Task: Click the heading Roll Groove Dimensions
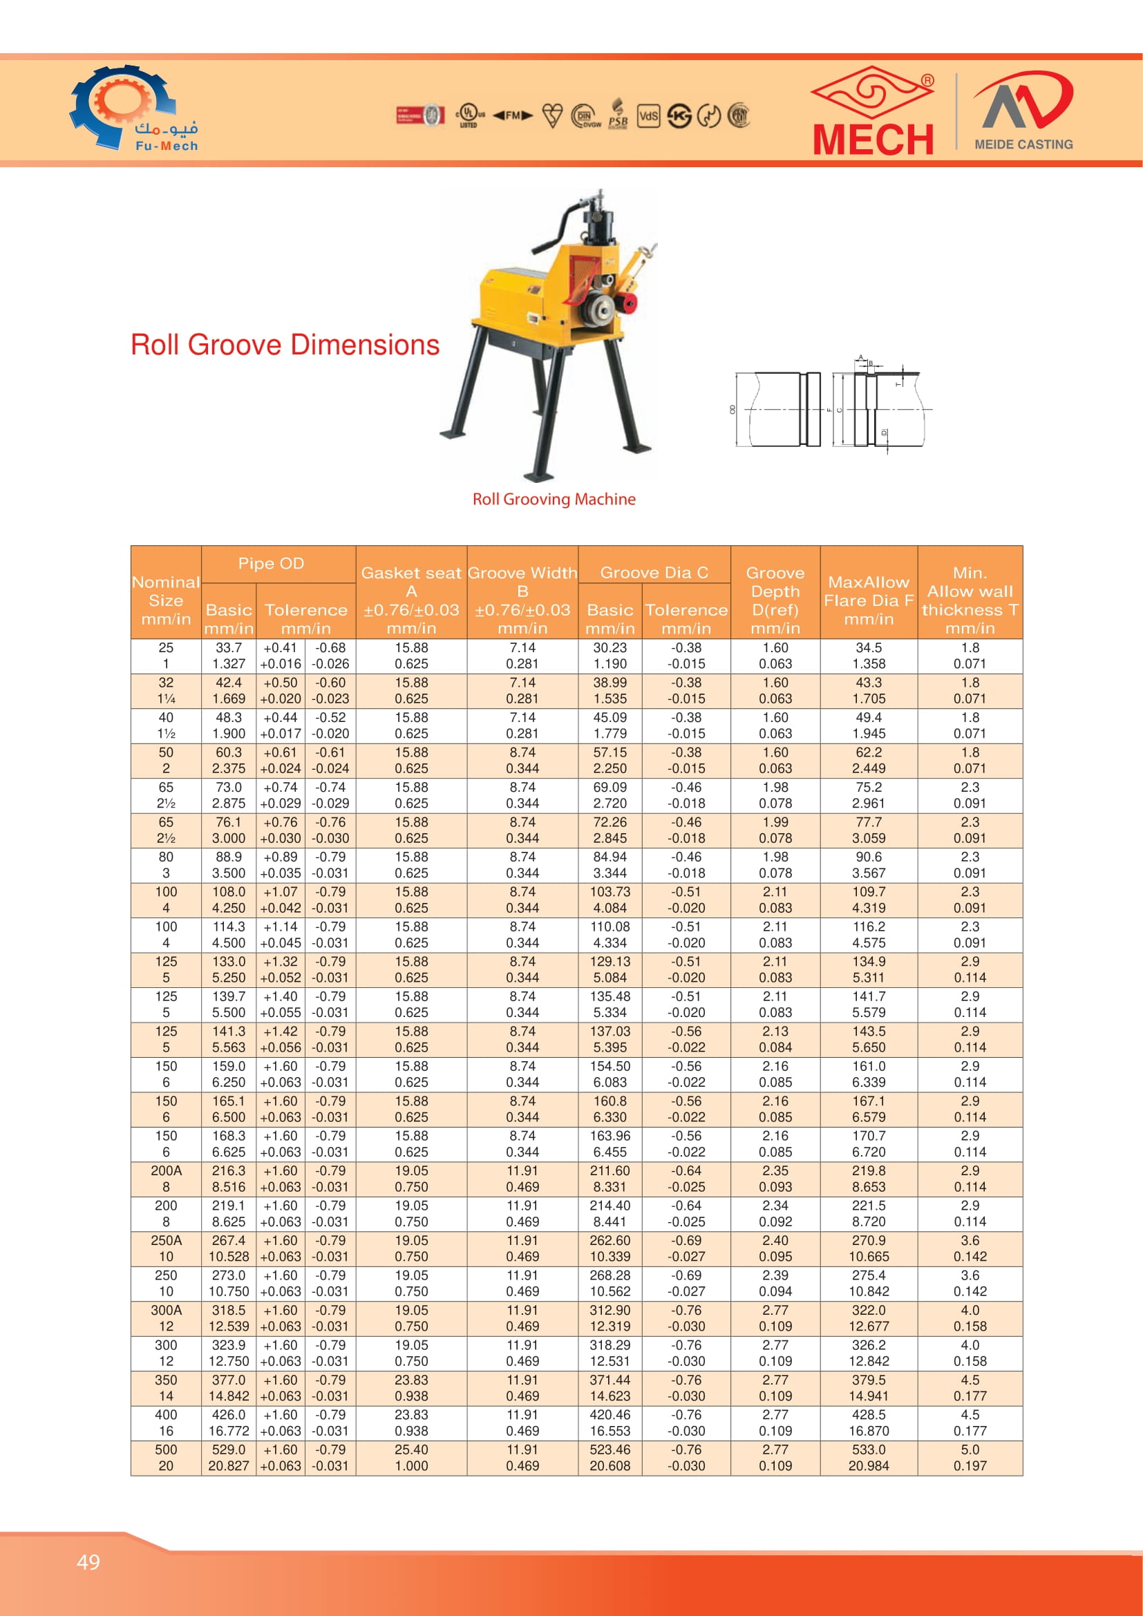click(x=285, y=345)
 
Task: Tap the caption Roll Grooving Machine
click(x=554, y=499)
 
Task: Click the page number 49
click(x=88, y=1562)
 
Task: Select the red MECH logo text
click(x=873, y=139)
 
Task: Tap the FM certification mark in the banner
click(x=512, y=115)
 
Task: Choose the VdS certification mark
click(x=648, y=116)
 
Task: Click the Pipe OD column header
click(x=271, y=564)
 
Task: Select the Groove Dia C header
click(x=654, y=573)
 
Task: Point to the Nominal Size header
click(x=166, y=600)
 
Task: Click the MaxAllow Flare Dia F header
click(x=869, y=600)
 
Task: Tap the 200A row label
click(x=166, y=1170)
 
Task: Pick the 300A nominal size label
click(x=166, y=1310)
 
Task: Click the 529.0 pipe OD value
click(x=229, y=1449)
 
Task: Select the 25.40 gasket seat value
click(x=411, y=1449)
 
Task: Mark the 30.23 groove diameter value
click(x=610, y=647)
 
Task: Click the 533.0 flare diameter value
click(x=869, y=1449)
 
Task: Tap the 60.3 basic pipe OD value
click(x=229, y=752)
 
